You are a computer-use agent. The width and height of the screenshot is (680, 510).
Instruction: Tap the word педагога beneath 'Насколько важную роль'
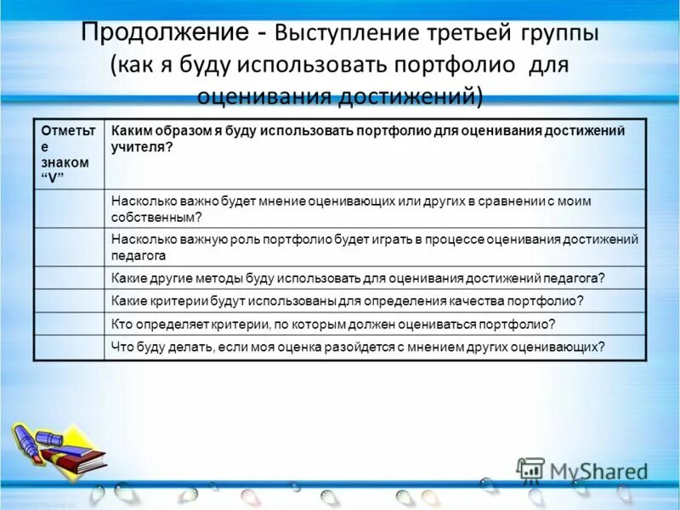tap(139, 255)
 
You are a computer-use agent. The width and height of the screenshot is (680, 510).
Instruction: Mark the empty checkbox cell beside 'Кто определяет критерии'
tap(69, 324)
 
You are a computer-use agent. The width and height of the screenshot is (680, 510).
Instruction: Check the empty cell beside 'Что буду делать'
tap(69, 347)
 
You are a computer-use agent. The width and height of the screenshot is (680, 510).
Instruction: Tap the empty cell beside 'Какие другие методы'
tap(69, 278)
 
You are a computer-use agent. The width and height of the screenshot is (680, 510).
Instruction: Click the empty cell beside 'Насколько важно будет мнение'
tap(69, 208)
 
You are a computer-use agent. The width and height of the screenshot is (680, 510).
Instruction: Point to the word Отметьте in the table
tap(65, 138)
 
